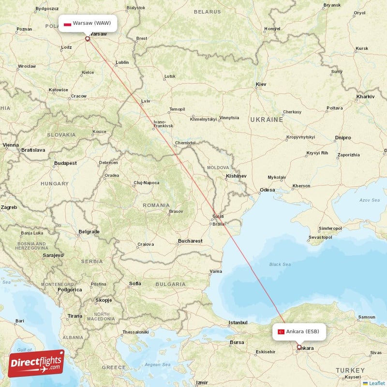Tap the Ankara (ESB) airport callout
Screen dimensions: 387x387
[x=298, y=331]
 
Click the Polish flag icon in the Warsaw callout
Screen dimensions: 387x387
[x=68, y=23]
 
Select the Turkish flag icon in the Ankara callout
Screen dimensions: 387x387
[x=281, y=331]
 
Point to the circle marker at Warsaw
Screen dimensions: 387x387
[x=88, y=39]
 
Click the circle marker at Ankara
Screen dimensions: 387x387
[x=298, y=347]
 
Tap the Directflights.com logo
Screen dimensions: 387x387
[x=36, y=363]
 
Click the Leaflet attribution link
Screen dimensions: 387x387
[x=377, y=383]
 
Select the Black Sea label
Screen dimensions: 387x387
[x=280, y=264]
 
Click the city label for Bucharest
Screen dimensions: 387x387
[x=190, y=240]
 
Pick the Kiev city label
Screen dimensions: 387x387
[x=261, y=84]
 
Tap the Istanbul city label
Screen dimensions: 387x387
[x=238, y=322]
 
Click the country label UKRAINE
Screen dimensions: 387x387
[x=267, y=119]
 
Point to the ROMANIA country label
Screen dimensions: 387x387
[x=156, y=205]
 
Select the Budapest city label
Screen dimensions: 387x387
[x=65, y=163]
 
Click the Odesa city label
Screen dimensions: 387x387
[x=267, y=190]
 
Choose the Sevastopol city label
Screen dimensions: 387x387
[x=320, y=238]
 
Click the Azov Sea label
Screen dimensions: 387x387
[x=370, y=200]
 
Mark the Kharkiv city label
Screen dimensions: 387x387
[x=365, y=97]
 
